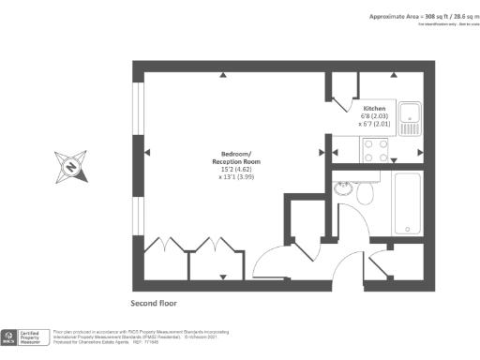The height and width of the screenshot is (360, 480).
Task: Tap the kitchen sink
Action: click(x=410, y=117)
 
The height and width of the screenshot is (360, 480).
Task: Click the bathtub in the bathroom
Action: click(x=408, y=202)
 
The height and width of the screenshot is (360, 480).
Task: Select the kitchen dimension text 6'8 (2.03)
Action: click(x=375, y=115)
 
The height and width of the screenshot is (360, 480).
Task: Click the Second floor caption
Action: click(x=154, y=304)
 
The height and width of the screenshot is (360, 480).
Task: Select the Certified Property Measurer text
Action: click(x=36, y=337)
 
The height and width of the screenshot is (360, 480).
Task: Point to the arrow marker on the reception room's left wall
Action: click(x=147, y=152)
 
